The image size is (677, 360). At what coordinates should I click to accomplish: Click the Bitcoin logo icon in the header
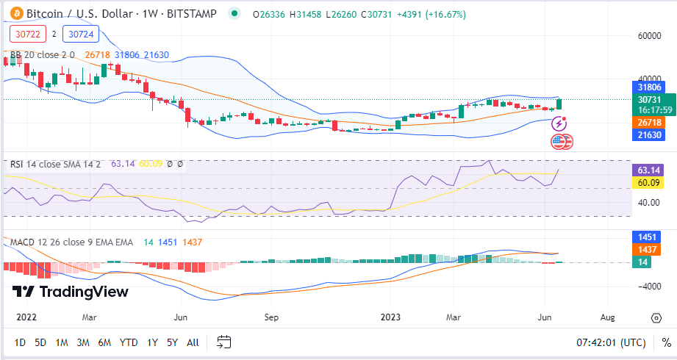click(14, 14)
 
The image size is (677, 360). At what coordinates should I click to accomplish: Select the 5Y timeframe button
click(172, 342)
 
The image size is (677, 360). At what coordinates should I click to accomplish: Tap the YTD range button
click(129, 342)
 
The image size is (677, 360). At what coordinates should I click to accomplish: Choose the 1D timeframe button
click(20, 342)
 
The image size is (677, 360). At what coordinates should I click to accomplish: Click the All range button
click(193, 342)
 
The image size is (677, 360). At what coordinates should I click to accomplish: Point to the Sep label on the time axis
click(272, 317)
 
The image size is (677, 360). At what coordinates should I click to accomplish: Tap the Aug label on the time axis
click(608, 317)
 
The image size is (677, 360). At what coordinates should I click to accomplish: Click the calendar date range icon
click(224, 342)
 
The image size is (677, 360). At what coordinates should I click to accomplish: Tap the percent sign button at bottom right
click(665, 342)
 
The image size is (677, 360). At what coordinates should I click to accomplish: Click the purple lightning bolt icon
click(559, 123)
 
